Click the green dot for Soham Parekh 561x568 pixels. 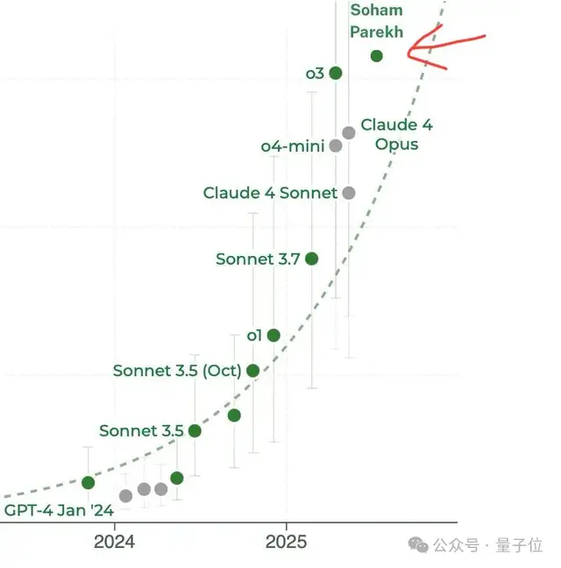coord(377,56)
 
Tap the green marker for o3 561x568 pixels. coord(336,73)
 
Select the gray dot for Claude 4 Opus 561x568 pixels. coord(349,132)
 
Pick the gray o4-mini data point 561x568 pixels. coord(336,146)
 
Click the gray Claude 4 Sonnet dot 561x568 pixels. coord(349,193)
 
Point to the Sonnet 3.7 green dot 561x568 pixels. coord(311,259)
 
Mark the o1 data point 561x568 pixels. coord(273,335)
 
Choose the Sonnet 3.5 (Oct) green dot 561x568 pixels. coord(253,371)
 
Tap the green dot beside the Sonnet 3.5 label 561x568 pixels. coord(195,430)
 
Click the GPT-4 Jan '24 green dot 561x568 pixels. coord(88,482)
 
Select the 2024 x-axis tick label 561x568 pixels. coord(114,542)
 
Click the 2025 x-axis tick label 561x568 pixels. coord(286,542)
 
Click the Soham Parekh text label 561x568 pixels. coord(377,21)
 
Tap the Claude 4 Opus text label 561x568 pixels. coord(396,134)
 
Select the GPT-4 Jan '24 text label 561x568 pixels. coord(59,510)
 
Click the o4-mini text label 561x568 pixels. coord(293,146)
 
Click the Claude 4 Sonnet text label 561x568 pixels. coord(270,193)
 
